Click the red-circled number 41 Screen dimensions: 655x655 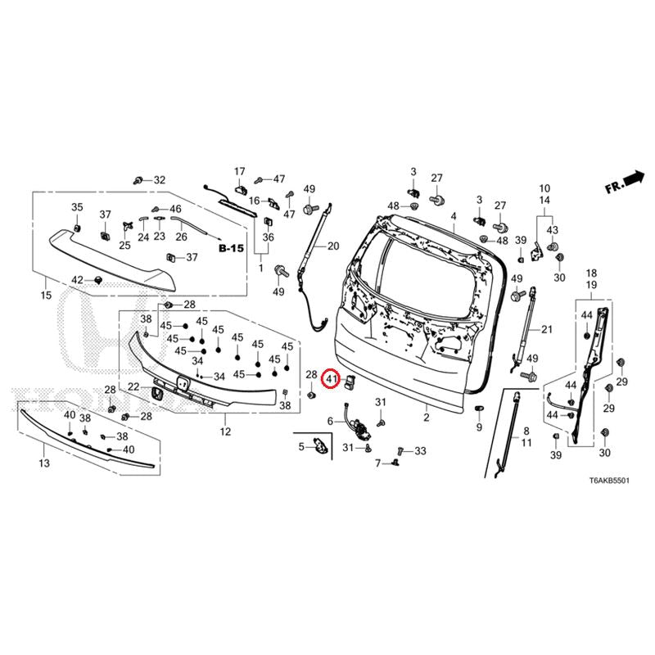[x=331, y=379]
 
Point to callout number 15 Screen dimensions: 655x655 [x=45, y=295]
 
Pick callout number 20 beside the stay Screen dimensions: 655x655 [x=332, y=246]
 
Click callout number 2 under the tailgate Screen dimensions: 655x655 [x=426, y=418]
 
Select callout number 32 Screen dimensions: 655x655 [x=160, y=180]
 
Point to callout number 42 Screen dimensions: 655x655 [x=77, y=280]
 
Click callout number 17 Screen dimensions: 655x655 [x=240, y=171]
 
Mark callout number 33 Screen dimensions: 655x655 [x=421, y=451]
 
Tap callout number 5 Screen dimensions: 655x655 [x=301, y=446]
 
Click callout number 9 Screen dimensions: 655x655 [x=479, y=427]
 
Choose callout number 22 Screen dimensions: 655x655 [x=133, y=387]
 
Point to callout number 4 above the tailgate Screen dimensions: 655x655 [x=453, y=216]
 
